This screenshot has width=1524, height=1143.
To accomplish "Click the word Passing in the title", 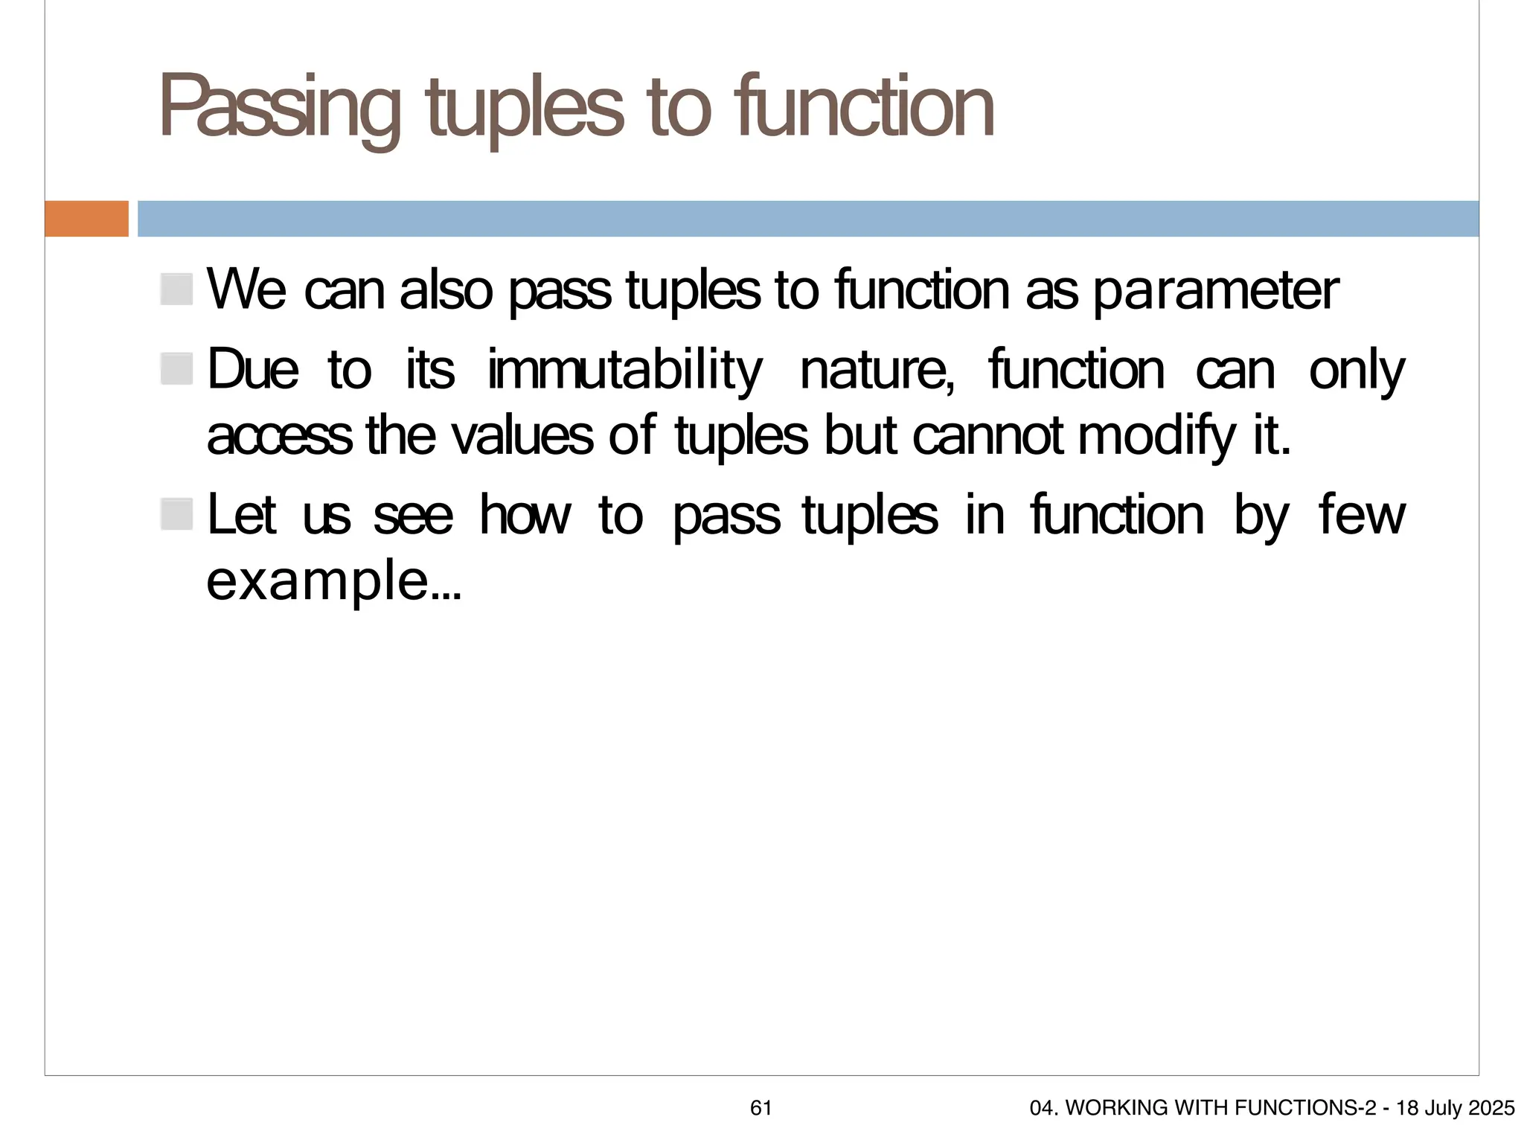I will (279, 108).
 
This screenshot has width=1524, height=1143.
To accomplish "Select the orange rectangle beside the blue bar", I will (86, 219).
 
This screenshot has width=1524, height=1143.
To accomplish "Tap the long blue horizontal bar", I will (807, 219).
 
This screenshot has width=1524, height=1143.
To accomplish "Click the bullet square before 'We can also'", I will (177, 289).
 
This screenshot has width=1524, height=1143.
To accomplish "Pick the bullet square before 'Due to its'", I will (177, 369).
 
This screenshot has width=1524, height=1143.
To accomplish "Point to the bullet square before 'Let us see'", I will (177, 514).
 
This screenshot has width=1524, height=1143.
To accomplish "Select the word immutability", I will (625, 370).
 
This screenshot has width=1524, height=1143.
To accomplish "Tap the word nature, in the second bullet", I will (877, 370).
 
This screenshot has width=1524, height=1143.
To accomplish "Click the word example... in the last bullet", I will (333, 581).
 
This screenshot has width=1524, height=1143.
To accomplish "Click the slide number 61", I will (761, 1108).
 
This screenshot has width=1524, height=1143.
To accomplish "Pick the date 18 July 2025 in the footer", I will (1455, 1108).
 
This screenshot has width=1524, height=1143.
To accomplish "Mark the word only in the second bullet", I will (1356, 370).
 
